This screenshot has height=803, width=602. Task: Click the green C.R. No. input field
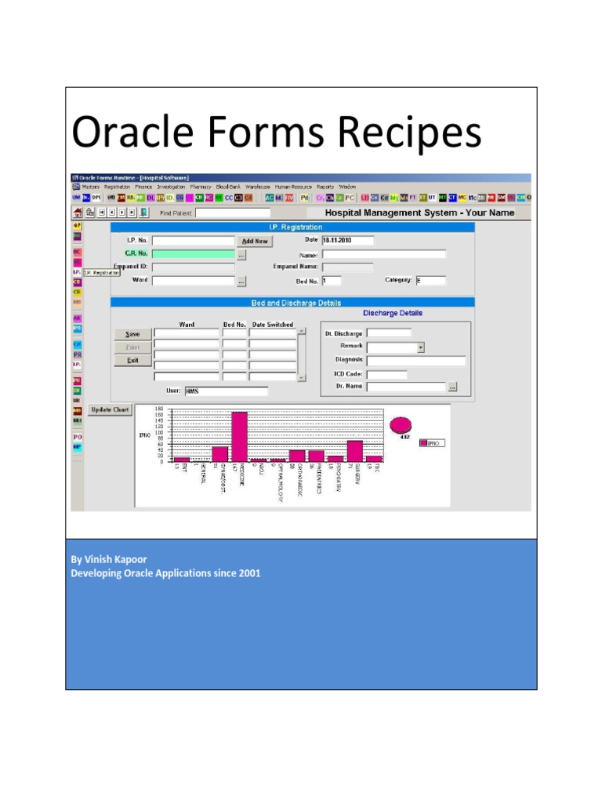pos(193,254)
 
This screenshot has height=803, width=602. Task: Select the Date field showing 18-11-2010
pos(347,241)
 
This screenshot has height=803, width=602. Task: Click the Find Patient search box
pos(233,213)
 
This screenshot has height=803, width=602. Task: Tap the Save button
pos(133,334)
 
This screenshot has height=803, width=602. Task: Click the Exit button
pos(133,361)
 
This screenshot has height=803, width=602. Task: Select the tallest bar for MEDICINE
pos(240,435)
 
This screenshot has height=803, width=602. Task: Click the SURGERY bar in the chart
pos(355,450)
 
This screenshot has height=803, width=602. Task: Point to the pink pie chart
pos(401,424)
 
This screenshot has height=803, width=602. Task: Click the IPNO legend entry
pos(432,443)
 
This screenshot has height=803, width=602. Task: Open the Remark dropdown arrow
pos(421,347)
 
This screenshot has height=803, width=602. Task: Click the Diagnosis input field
pos(415,361)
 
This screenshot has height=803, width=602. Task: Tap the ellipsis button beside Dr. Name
pos(452,387)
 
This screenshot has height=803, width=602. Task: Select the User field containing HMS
pos(226,391)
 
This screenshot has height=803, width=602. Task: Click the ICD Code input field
pos(386,374)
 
